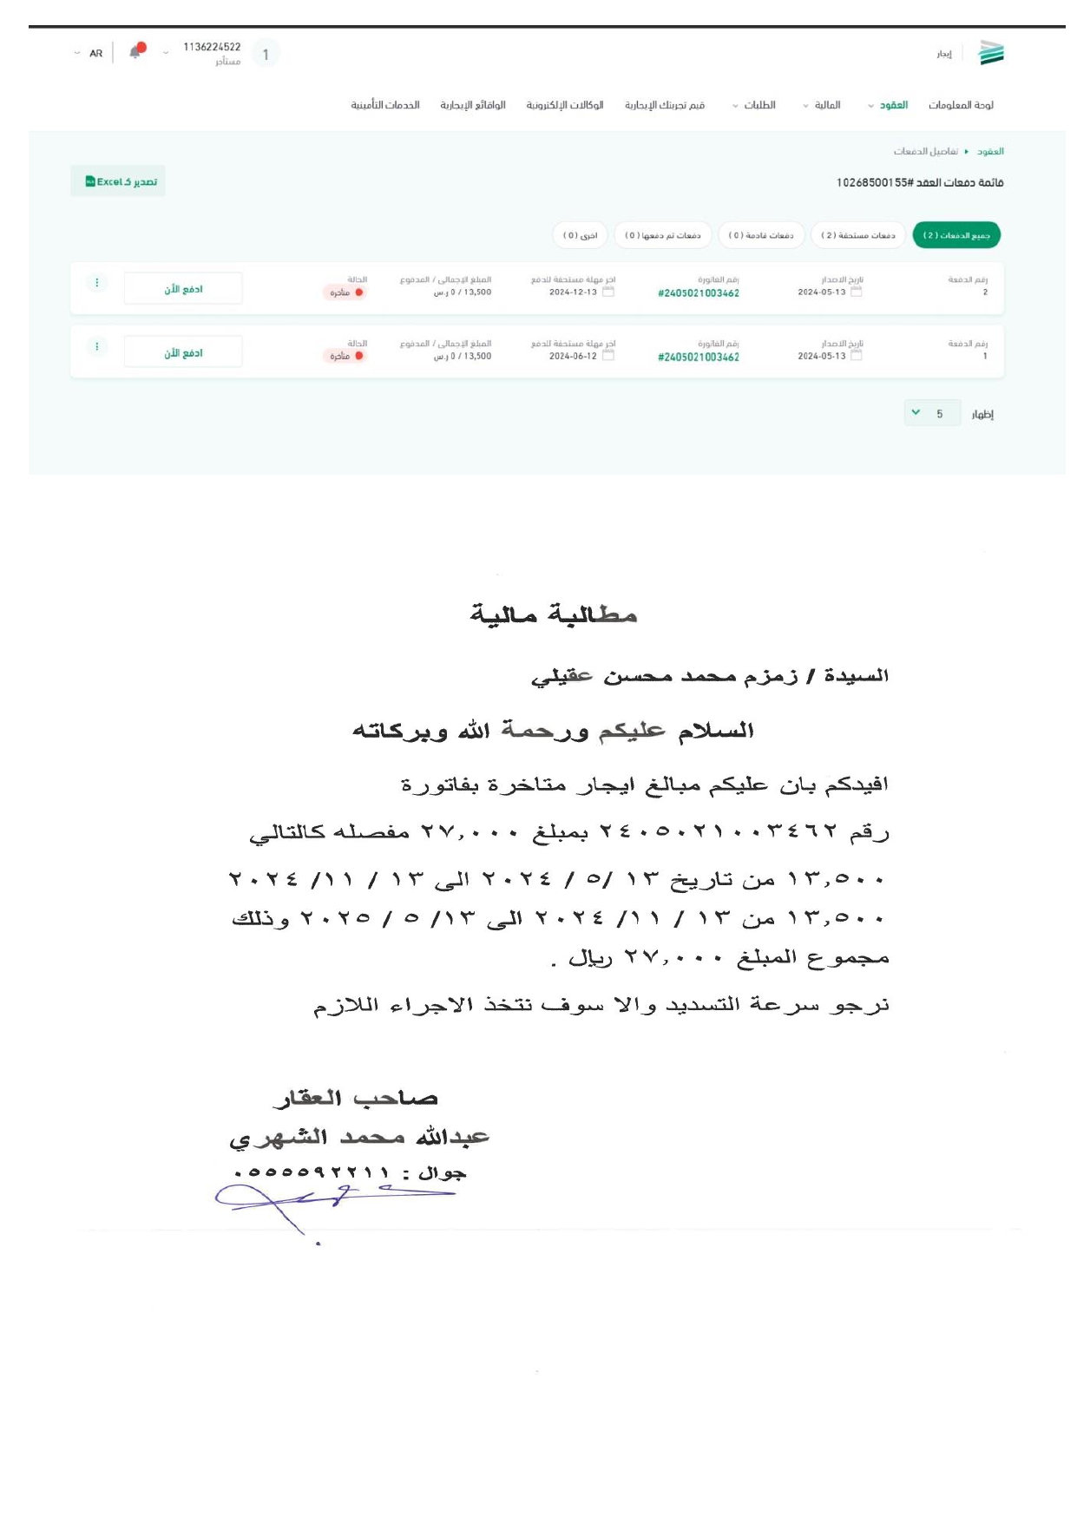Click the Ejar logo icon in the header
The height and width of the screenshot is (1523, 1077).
click(x=991, y=53)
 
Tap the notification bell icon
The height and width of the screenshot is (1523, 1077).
click(x=135, y=52)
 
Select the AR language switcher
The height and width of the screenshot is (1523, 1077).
click(x=95, y=54)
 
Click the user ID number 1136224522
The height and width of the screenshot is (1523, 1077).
click(x=212, y=47)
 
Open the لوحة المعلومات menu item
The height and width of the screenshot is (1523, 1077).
click(x=961, y=105)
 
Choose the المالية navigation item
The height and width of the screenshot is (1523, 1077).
click(x=826, y=105)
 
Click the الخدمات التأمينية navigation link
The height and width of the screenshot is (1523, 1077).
click(x=385, y=105)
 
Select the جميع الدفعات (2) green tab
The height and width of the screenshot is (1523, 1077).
click(x=956, y=235)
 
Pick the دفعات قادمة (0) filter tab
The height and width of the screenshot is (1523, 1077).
click(x=761, y=235)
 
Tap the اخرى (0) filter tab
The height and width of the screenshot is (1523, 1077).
click(x=581, y=235)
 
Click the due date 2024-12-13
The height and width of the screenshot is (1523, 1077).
click(x=573, y=292)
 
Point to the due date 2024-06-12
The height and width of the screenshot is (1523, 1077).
click(x=573, y=357)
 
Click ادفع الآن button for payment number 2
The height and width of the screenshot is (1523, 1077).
click(x=183, y=289)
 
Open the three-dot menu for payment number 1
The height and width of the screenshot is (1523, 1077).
click(x=96, y=347)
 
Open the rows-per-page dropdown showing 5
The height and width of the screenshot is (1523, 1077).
click(x=931, y=414)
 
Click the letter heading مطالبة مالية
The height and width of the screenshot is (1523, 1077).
click(x=554, y=615)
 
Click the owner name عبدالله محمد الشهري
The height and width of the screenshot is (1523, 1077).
click(x=359, y=1137)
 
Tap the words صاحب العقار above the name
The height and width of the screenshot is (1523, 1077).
click(x=356, y=1099)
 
